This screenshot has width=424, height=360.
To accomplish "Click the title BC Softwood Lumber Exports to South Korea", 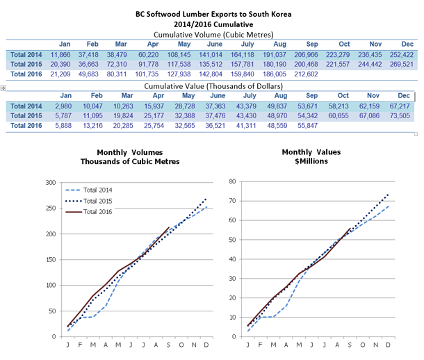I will click(212, 13).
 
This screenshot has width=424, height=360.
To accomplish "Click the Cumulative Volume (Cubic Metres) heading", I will click(212, 33).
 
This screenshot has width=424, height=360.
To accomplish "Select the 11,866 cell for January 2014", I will click(65, 54).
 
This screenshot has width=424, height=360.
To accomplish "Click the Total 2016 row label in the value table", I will click(26, 125).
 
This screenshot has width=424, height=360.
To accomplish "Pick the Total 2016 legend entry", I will click(91, 211).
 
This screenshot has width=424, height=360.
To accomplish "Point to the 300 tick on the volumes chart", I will click(50, 182).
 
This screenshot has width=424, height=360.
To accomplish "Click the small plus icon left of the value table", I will click(3, 88).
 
